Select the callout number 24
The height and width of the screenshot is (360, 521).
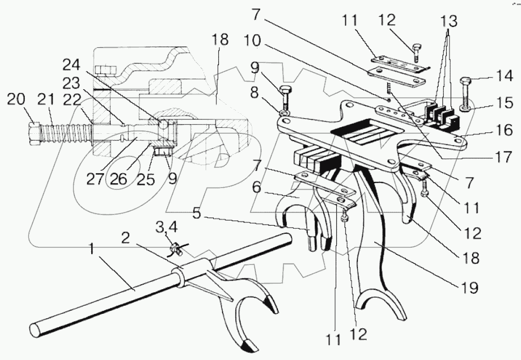(x=71, y=65)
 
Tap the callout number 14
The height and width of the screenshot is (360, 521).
(x=504, y=76)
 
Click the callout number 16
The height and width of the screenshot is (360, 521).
(x=505, y=130)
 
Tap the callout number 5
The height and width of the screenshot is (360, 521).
(x=197, y=213)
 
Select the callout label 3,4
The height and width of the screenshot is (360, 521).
(x=167, y=228)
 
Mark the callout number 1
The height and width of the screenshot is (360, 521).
(x=92, y=249)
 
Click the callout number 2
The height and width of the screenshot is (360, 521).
(x=125, y=238)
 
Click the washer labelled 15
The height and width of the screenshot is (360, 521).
(x=466, y=108)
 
